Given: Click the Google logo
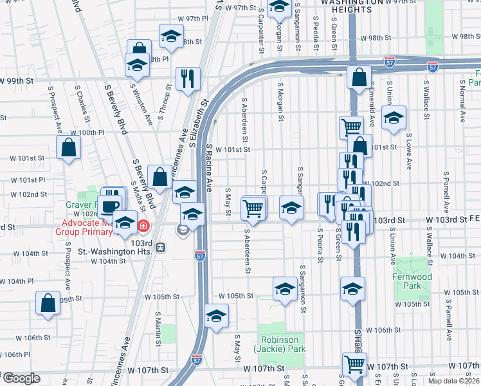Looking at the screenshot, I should click(21, 378).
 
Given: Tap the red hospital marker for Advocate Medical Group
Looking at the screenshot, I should click(143, 226).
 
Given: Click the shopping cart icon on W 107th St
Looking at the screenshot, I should click(354, 364).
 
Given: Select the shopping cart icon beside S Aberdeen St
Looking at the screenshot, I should click(253, 208).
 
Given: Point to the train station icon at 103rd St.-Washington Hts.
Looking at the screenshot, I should click(161, 246).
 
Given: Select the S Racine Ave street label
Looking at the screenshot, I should click(209, 167).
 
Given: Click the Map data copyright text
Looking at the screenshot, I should click(453, 380).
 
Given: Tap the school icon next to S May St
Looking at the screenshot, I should click(217, 316).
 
